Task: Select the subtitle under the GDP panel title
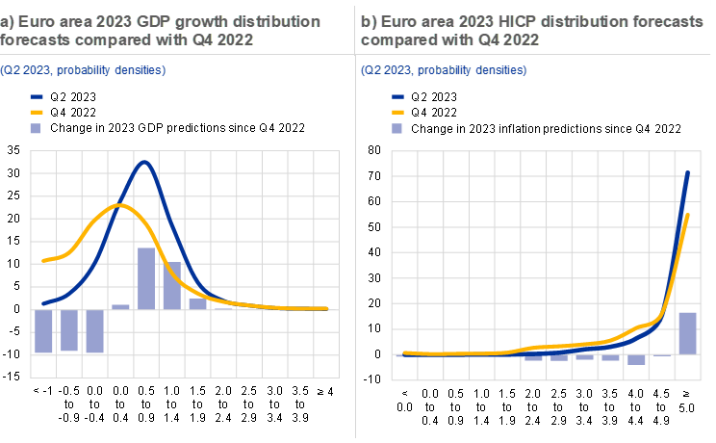(83, 69)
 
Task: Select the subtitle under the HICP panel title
(444, 69)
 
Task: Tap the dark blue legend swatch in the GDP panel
(37, 97)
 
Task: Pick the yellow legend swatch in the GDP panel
(37, 112)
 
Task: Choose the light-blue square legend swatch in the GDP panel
(37, 127)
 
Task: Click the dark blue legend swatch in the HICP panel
(398, 97)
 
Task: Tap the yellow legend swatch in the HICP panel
(398, 112)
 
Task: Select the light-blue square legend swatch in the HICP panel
(398, 127)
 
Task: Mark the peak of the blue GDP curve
(144, 162)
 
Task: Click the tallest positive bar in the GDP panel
(146, 278)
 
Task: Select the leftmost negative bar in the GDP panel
(43, 331)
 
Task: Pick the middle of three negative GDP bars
(69, 330)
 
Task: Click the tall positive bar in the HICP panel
(687, 332)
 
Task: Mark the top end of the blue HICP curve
(688, 173)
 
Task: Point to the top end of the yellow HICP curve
(688, 215)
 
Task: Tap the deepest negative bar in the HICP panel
(636, 359)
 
